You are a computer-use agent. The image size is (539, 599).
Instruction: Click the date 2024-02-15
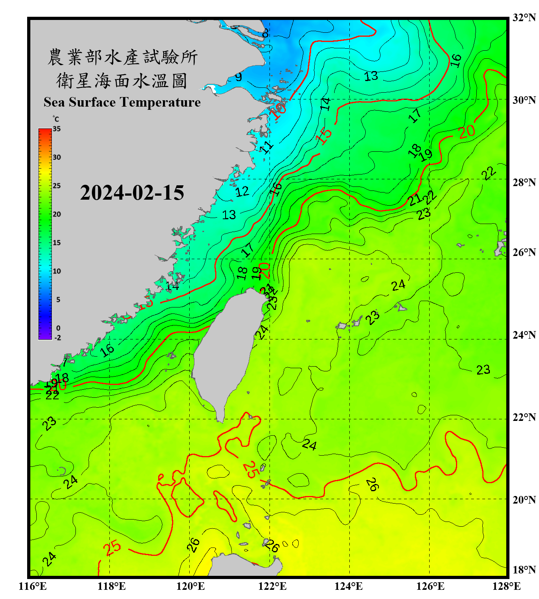tap(132, 193)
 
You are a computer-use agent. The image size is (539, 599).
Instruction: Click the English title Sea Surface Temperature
tap(122, 102)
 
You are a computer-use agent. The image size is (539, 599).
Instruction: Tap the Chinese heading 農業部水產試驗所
tap(122, 57)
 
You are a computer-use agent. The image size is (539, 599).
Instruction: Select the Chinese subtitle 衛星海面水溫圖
tap(122, 81)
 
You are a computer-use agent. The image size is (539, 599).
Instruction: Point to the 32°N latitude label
tap(524, 18)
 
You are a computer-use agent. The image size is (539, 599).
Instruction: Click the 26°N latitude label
tap(524, 252)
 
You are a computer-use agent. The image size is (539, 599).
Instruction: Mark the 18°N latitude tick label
tap(524, 570)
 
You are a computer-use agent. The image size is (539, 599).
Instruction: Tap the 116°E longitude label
tap(33, 586)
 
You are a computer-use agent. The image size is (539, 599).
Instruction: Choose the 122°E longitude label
tap(272, 586)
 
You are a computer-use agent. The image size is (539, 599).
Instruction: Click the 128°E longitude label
tap(506, 586)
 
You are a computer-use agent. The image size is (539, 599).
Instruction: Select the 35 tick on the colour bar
tap(57, 129)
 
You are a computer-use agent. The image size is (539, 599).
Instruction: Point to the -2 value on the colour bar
tap(57, 338)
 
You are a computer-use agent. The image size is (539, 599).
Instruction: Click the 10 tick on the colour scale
tap(57, 271)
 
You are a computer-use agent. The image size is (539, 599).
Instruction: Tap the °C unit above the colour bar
tap(56, 119)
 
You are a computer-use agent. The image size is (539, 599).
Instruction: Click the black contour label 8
tap(266, 33)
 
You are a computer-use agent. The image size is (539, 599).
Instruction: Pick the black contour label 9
tap(238, 77)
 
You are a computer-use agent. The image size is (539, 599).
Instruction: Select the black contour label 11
tap(267, 147)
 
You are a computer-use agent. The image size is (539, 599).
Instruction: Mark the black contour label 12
tap(242, 192)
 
